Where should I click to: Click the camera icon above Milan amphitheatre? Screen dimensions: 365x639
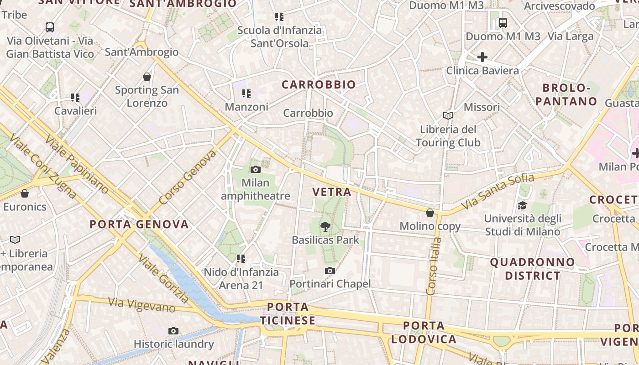pos(256,170)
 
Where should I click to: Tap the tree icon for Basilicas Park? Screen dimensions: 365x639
pos(325,225)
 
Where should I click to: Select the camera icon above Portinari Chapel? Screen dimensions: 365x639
pos(330,271)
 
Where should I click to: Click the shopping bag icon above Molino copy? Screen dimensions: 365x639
pos(429,213)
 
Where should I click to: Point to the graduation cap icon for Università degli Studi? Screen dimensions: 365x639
pos(522,206)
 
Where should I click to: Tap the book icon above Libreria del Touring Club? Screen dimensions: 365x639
pos(448,116)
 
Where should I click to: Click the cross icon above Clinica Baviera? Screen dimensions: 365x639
pos(482,57)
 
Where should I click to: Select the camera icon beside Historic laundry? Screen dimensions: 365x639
pos(173,331)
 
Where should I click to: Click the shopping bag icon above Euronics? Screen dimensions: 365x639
pos(25,193)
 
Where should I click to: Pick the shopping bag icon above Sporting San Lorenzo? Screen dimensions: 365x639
pos(147,76)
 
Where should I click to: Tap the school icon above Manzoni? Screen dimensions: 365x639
pos(246,94)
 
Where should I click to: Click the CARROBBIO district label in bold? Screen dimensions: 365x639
pos(318,84)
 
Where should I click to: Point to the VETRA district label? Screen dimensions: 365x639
pos(332,192)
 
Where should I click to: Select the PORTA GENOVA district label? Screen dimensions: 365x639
pos(139,224)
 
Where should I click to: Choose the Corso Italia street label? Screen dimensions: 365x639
pos(433,266)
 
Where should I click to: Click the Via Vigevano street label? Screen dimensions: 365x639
pos(141,304)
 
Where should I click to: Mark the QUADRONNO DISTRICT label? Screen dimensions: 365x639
pos(532,269)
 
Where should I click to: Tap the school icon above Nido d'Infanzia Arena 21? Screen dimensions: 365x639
pos(241,259)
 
